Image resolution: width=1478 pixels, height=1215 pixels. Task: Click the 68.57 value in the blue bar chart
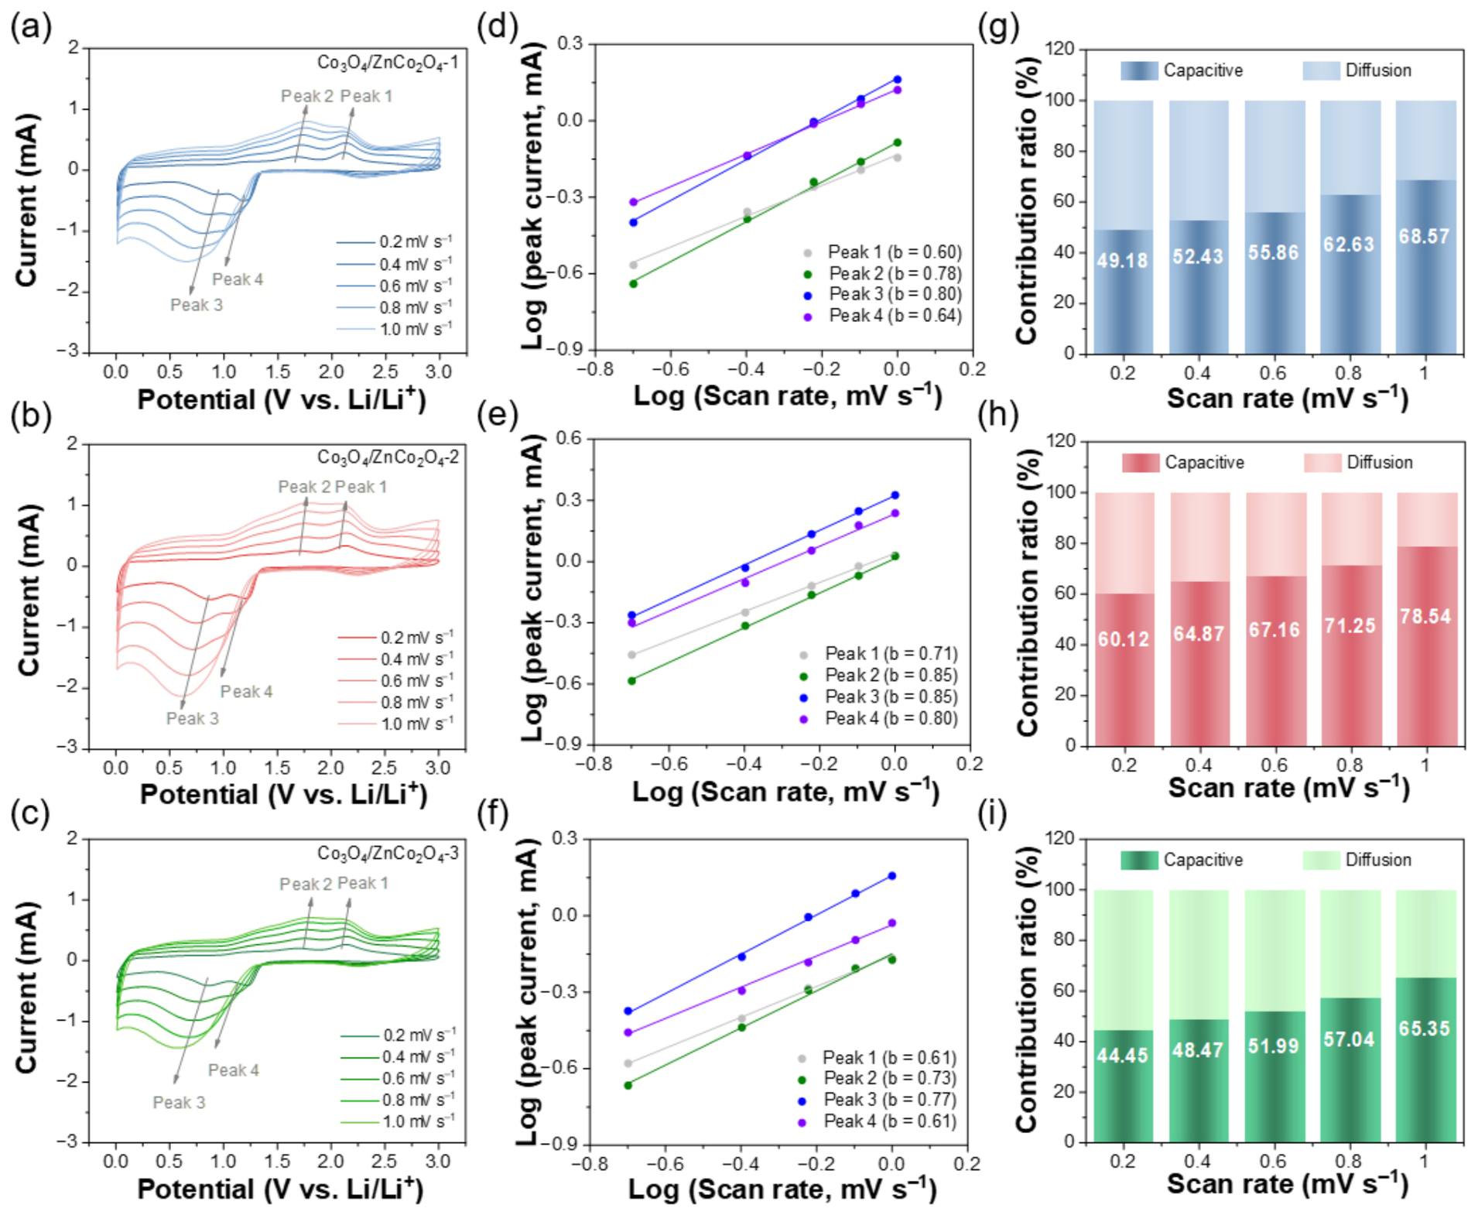(x=1424, y=236)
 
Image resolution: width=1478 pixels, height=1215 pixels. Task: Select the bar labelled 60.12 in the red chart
(x=1124, y=669)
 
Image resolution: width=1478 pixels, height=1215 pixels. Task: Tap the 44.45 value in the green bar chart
(x=1122, y=1055)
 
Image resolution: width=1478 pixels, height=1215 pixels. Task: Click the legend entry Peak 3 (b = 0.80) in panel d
(x=884, y=294)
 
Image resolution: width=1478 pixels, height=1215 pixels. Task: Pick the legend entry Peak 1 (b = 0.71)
(x=880, y=654)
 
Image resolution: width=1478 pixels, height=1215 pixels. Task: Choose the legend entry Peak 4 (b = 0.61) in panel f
(x=878, y=1121)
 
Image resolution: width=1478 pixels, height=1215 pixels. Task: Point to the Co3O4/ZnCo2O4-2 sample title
(x=388, y=458)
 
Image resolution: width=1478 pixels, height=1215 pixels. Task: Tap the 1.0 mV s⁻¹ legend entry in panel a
(x=395, y=330)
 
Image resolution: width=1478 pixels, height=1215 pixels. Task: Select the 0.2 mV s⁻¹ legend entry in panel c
(x=399, y=1035)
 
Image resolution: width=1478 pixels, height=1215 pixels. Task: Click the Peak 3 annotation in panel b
(x=193, y=719)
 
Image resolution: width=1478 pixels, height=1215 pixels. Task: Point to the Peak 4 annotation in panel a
(x=238, y=279)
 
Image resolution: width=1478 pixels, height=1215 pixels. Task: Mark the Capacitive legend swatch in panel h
(x=1141, y=463)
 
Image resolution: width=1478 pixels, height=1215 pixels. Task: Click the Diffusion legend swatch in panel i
(x=1321, y=860)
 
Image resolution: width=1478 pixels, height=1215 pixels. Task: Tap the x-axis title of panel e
(x=785, y=792)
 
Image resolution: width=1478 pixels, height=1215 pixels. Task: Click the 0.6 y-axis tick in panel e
(x=569, y=439)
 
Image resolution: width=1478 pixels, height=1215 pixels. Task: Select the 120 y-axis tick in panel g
(x=1060, y=50)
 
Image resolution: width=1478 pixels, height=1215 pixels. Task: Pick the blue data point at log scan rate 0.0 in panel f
(x=891, y=876)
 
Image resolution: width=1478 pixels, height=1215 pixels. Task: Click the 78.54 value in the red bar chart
(x=1425, y=617)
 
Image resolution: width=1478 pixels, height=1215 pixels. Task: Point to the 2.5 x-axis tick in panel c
(x=385, y=1161)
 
